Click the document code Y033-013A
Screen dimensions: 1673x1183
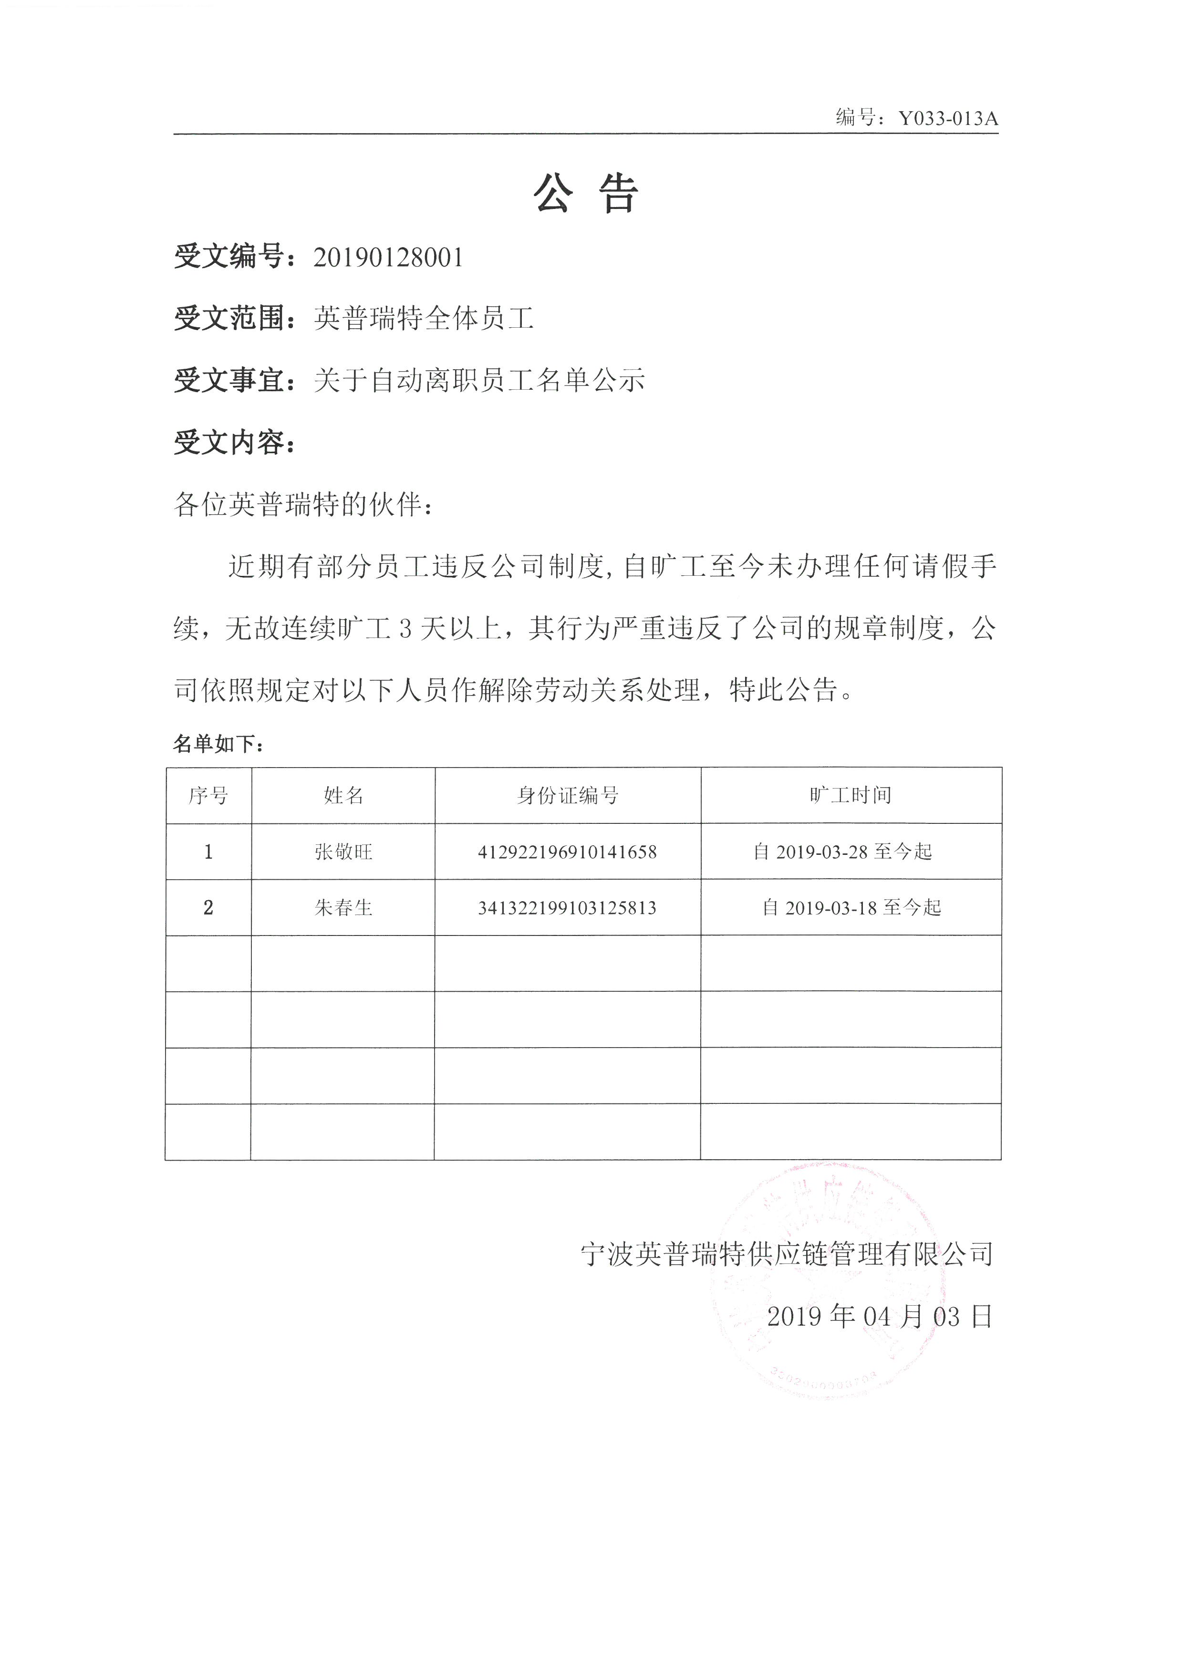[948, 118]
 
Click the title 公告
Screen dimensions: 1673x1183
[587, 194]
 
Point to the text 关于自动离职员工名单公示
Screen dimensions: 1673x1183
[479, 380]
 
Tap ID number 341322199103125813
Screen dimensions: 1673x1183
[568, 908]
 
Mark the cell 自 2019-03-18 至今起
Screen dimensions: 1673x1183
[851, 907]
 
